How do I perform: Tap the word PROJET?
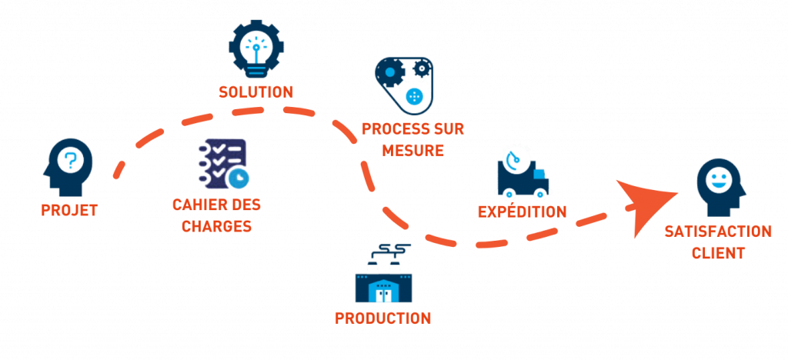tap(69, 210)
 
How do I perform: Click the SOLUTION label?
tap(255, 92)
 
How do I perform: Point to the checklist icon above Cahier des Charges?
tap(223, 163)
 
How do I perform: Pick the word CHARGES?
tap(222, 227)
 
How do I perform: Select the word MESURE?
tap(412, 150)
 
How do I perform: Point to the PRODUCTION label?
tap(383, 318)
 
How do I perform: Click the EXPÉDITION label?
tap(522, 212)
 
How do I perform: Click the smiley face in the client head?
tap(718, 182)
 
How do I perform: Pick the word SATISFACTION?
tap(718, 232)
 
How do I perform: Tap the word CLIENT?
tap(718, 253)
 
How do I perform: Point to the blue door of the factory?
tap(383, 292)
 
